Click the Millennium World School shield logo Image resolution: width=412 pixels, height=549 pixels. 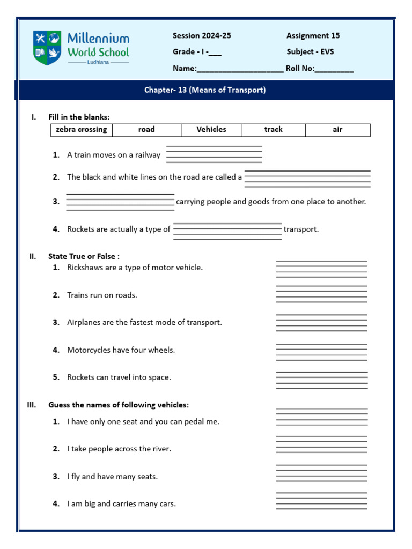pyautogui.click(x=47, y=48)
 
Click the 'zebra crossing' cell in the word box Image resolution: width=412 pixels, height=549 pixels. pyautogui.click(x=82, y=130)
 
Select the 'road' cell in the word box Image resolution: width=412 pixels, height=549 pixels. pyautogui.click(x=146, y=130)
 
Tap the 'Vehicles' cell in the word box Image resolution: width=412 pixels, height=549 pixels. pyautogui.click(x=211, y=130)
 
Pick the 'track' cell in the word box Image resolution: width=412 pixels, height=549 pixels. pyautogui.click(x=273, y=130)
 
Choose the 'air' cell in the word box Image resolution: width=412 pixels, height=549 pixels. pyautogui.click(x=337, y=130)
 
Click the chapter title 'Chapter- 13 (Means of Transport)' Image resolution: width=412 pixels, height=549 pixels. pyautogui.click(x=205, y=90)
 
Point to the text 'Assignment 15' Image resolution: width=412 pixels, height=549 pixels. pyautogui.click(x=313, y=36)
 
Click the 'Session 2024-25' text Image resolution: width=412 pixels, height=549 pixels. pyautogui.click(x=202, y=36)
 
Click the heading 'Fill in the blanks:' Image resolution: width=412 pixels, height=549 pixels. pyautogui.click(x=79, y=117)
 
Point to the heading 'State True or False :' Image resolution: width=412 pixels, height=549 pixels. pyautogui.click(x=84, y=256)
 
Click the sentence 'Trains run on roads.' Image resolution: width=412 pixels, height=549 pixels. pyautogui.click(x=102, y=295)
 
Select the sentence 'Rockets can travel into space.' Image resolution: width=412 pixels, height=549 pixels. pyautogui.click(x=119, y=377)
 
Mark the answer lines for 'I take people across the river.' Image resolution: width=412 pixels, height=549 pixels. pyautogui.click(x=321, y=444)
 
